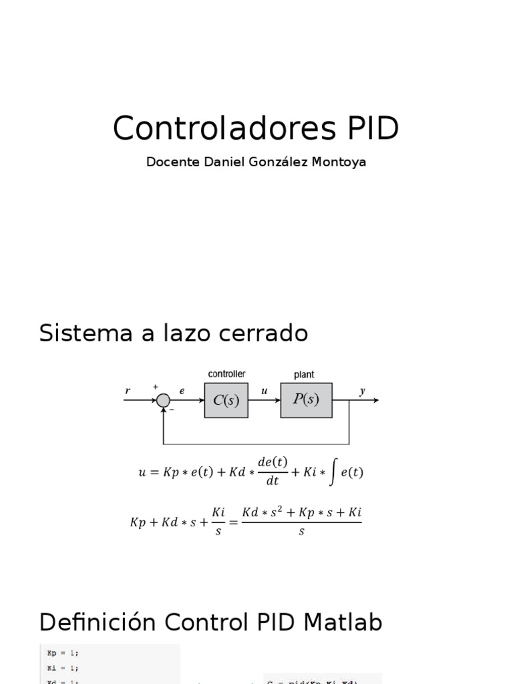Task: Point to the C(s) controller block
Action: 226,400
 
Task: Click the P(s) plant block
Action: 305,399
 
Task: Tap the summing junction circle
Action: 163,400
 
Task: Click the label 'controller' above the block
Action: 226,374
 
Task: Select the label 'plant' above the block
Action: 304,375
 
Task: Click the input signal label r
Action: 128,391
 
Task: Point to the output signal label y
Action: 362,391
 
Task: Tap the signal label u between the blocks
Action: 265,391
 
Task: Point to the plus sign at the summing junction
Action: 156,387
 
